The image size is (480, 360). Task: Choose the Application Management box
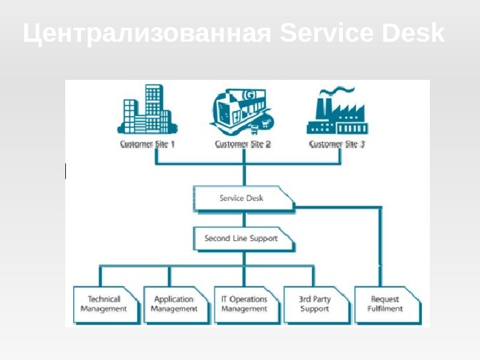click(x=174, y=304)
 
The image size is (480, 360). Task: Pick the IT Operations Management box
click(x=244, y=304)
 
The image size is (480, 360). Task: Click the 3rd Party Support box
click(x=314, y=304)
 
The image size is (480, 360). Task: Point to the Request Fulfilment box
click(x=385, y=304)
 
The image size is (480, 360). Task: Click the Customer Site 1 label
click(x=148, y=145)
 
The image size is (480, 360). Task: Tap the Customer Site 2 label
click(x=243, y=145)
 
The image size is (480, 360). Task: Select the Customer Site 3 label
click(x=337, y=145)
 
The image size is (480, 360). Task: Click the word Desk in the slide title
click(x=414, y=34)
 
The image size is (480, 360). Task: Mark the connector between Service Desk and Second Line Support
click(x=244, y=219)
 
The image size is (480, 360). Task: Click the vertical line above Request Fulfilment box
click(x=381, y=248)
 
